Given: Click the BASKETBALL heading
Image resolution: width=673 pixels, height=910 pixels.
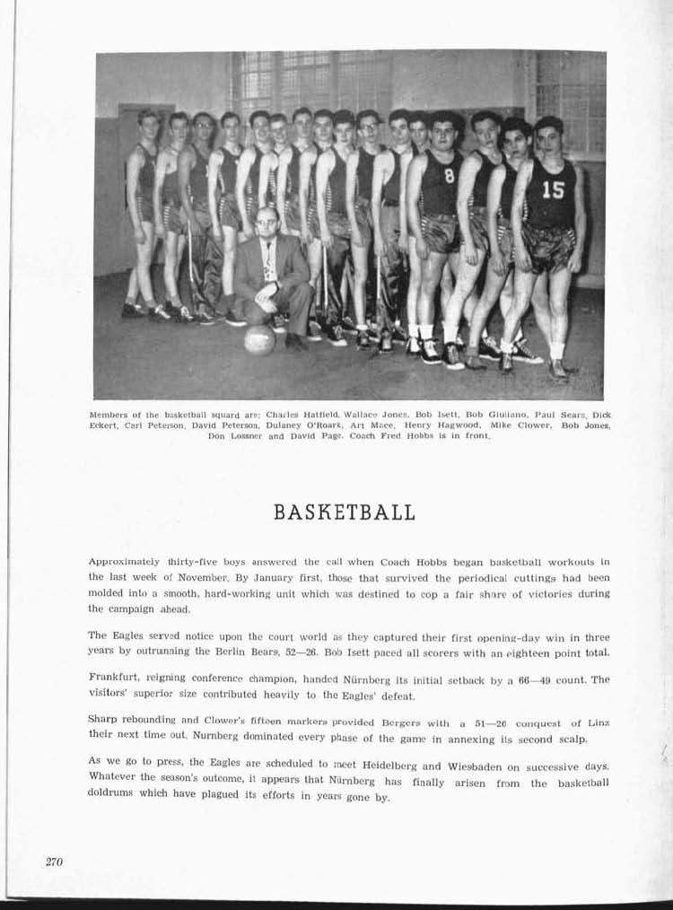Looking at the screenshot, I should tap(344, 512).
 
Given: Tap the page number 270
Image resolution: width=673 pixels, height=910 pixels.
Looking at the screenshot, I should tap(55, 862).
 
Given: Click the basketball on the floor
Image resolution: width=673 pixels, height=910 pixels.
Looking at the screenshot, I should tap(259, 339).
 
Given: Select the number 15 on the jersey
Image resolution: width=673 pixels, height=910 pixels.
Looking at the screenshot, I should tap(554, 189).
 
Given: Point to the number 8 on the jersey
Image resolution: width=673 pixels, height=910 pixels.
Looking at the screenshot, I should tap(449, 177).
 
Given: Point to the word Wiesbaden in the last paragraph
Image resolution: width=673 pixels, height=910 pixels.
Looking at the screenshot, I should tap(507, 766).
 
